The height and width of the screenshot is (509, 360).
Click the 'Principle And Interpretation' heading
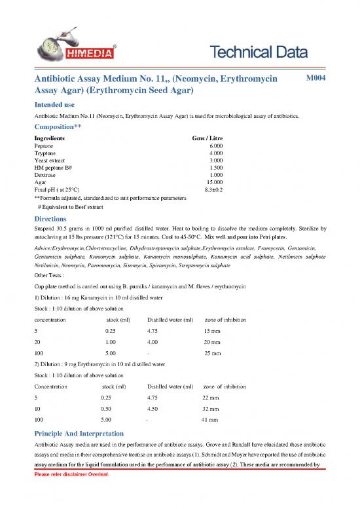click(x=83, y=434)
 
